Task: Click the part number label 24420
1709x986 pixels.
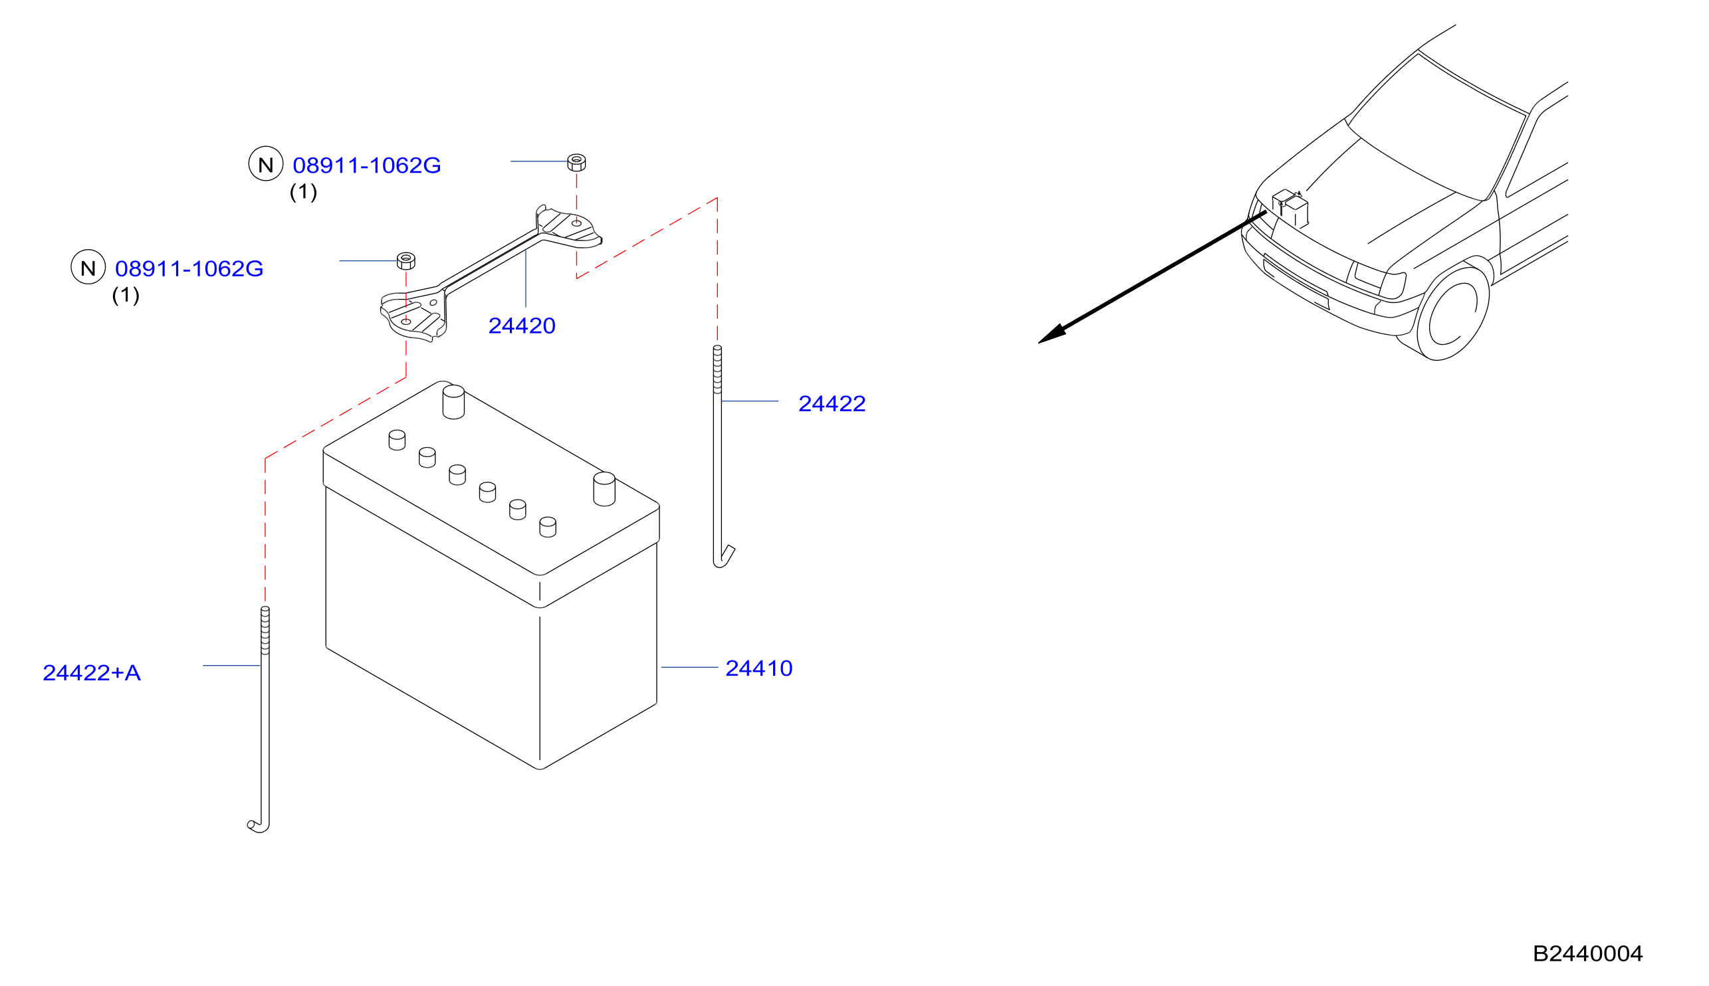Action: (x=522, y=326)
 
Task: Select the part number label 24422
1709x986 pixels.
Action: (x=832, y=403)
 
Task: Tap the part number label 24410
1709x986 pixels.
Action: (x=758, y=668)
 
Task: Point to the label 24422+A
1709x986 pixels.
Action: (x=92, y=673)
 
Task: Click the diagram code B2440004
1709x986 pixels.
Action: (x=1587, y=953)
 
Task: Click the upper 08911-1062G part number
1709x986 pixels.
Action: (x=366, y=165)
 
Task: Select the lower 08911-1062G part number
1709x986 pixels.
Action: (x=189, y=269)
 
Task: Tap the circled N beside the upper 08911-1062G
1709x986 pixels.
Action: (x=265, y=164)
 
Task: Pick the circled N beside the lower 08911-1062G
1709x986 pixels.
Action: (x=88, y=267)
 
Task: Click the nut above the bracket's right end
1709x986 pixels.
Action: (x=576, y=163)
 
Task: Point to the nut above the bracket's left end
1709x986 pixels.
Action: (x=405, y=260)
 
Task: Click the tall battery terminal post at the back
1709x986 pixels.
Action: (x=453, y=402)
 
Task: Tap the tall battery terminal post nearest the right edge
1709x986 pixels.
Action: (x=604, y=489)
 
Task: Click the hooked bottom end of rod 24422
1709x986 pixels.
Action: (x=724, y=557)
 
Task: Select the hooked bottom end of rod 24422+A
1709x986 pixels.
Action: (x=259, y=825)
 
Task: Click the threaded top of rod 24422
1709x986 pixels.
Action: (x=717, y=369)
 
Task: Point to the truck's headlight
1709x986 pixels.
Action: (x=1380, y=280)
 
